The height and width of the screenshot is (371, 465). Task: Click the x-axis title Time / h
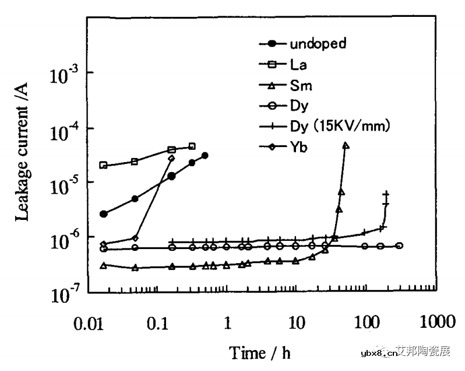coord(260,352)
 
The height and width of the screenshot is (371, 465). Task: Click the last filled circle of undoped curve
coord(205,156)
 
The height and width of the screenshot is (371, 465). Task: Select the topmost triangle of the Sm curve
coord(346,146)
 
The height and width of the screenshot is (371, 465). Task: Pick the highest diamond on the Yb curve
coord(171,158)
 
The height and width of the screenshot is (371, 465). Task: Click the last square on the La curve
coord(192,146)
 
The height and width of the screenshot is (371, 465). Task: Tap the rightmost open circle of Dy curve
coord(399,246)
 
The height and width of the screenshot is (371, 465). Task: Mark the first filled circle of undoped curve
coord(104,214)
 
